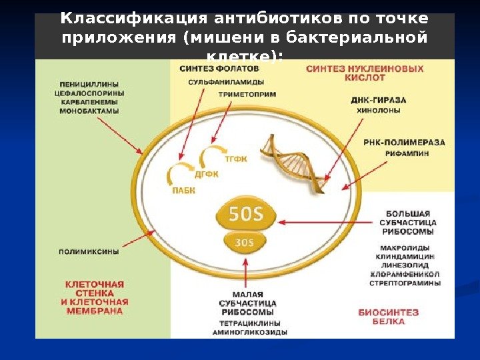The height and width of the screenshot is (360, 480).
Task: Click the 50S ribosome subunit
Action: pyautogui.click(x=247, y=213)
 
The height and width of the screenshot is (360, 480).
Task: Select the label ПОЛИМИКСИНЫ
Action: pyautogui.click(x=89, y=252)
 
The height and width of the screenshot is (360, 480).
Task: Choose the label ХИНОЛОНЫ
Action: pyautogui.click(x=379, y=111)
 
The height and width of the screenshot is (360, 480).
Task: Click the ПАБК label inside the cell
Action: pyautogui.click(x=184, y=191)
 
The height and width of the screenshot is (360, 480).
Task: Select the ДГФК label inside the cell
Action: pyautogui.click(x=207, y=175)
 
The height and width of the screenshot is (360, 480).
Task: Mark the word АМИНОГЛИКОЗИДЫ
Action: pyautogui.click(x=251, y=331)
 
